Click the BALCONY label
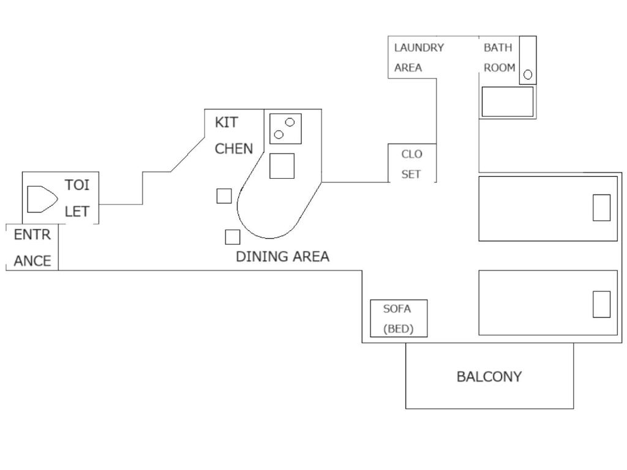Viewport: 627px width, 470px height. click(489, 376)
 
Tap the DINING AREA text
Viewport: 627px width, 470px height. click(282, 256)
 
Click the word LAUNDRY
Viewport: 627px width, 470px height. click(419, 47)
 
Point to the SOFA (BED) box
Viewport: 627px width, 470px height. click(399, 318)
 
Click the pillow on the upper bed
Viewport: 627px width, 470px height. click(601, 207)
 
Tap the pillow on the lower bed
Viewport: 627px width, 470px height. click(601, 304)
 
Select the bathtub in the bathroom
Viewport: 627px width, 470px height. click(507, 102)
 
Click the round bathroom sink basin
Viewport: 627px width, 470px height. click(528, 75)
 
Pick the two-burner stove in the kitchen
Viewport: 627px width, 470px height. click(285, 129)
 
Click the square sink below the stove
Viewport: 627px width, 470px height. click(282, 166)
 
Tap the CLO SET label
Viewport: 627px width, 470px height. click(411, 164)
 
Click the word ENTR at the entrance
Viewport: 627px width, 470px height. click(32, 234)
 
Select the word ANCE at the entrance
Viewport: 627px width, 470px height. click(32, 261)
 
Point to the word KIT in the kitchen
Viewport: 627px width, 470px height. click(226, 122)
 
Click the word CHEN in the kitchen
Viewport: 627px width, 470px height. click(233, 148)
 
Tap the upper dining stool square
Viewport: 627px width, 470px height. click(224, 196)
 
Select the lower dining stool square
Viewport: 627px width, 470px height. click(232, 237)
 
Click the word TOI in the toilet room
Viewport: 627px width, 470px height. click(77, 185)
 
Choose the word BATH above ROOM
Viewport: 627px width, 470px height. click(498, 47)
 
